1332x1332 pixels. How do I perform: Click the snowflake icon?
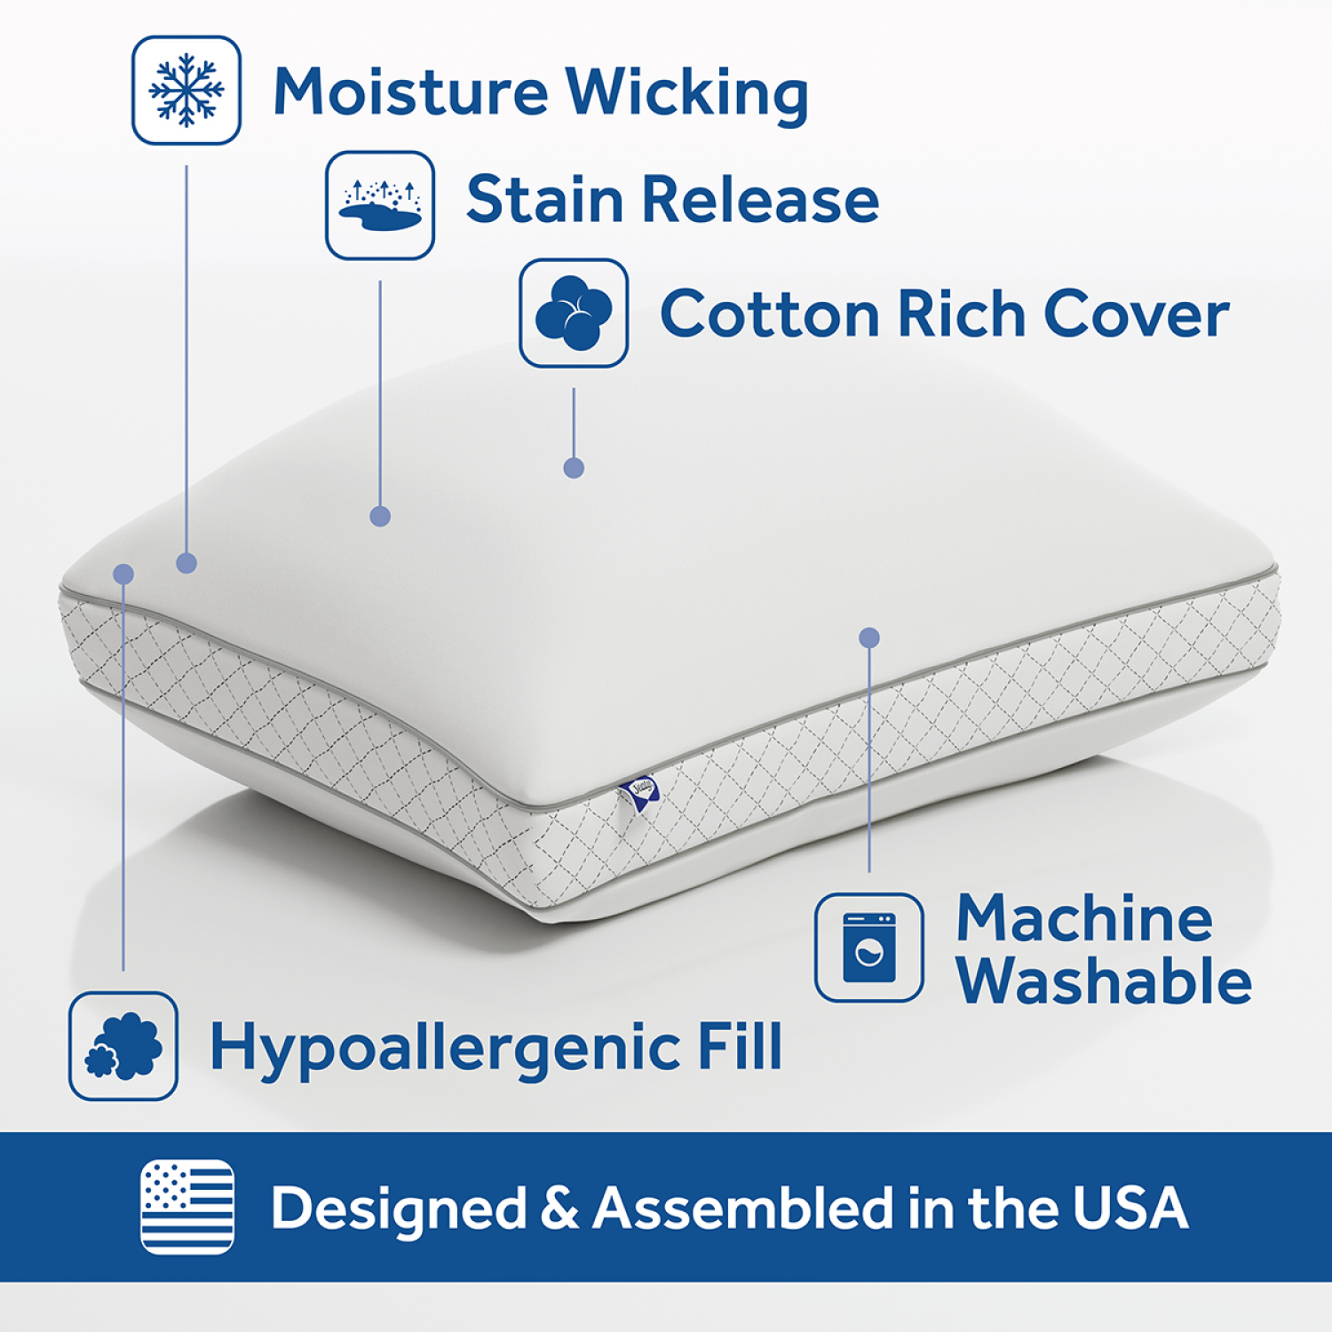(186, 90)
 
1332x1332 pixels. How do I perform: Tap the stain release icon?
(380, 205)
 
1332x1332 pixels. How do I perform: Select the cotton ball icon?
(574, 313)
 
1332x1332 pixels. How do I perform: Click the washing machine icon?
(869, 947)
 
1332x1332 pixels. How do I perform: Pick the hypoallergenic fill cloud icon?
(123, 1046)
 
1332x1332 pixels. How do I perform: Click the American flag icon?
(187, 1207)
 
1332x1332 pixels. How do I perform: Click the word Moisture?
(410, 91)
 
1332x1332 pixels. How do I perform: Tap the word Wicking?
(686, 93)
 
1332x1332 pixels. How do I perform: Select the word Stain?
(544, 199)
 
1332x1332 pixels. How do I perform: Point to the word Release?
(760, 199)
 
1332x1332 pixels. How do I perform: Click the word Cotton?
(769, 314)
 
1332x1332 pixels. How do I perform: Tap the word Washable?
(1104, 981)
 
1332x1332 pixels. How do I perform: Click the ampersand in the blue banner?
(559, 1209)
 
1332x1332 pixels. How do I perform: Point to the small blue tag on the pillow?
(642, 793)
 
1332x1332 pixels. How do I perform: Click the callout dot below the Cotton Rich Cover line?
(574, 468)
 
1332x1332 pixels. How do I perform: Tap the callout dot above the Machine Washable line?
(869, 638)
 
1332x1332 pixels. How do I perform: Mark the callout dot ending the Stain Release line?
(380, 516)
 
